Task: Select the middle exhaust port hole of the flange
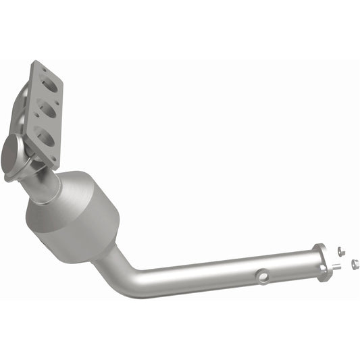tap(48, 108)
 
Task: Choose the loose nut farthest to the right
tap(354, 263)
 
